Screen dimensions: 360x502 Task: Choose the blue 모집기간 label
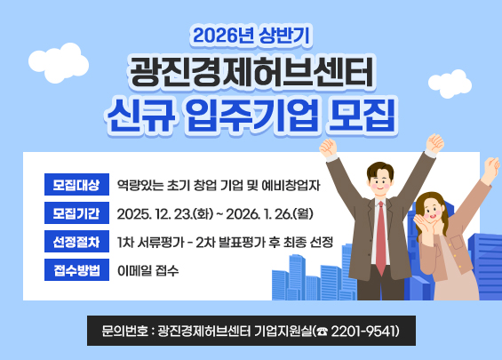click(x=76, y=213)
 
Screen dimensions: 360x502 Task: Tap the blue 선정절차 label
click(x=76, y=242)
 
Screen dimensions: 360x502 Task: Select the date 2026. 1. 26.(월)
click(x=270, y=214)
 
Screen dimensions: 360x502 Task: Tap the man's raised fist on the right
click(x=434, y=143)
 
